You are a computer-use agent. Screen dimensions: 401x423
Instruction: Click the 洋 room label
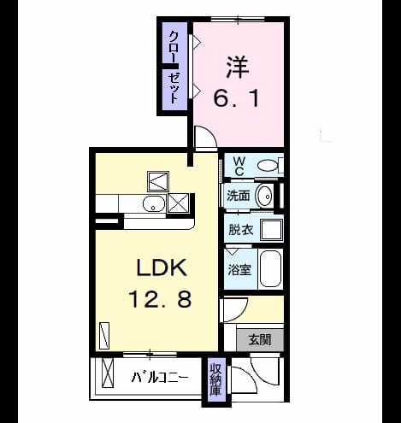pos(238,68)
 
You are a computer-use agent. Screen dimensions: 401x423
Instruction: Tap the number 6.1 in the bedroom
pos(237,98)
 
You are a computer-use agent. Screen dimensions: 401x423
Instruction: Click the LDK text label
pos(162,267)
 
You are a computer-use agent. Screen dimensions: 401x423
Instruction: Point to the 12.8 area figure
pos(160,299)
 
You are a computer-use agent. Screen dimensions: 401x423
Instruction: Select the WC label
pos(239,167)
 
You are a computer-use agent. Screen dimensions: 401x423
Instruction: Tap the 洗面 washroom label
pos(239,196)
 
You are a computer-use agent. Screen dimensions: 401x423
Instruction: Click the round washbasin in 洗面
pos(264,196)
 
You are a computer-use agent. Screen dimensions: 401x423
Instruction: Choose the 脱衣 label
pos(241,229)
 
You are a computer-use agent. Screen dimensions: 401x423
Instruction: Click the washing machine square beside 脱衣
pos(272,230)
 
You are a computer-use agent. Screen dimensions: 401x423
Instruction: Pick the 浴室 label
pos(239,269)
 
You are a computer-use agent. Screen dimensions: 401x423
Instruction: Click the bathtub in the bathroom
pos(271,269)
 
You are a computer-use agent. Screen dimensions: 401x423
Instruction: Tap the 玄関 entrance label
pos(260,340)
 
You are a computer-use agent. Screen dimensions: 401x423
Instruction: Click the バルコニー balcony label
pos(160,378)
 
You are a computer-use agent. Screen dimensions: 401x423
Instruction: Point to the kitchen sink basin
pos(154,204)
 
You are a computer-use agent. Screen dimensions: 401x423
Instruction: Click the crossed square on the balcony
pos(108,373)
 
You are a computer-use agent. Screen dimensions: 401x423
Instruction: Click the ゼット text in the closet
pos(174,88)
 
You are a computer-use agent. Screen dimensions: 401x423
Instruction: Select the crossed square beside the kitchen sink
pos(178,203)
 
